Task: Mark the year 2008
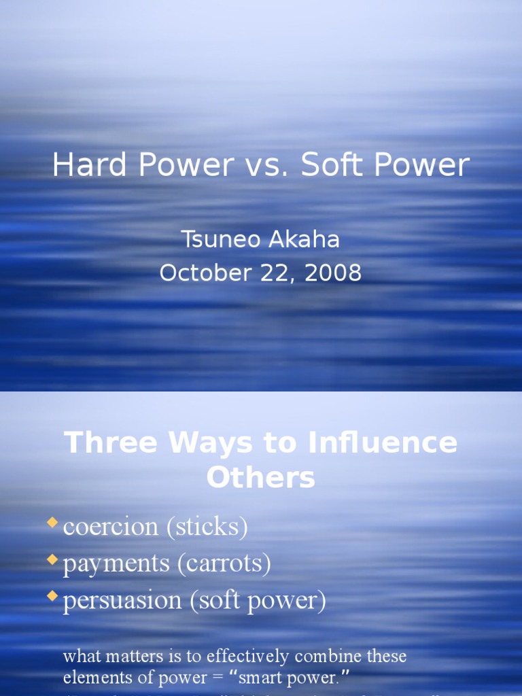tap(333, 273)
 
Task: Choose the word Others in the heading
tap(261, 478)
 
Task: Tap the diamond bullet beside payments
tap(52, 559)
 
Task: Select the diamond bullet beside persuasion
tap(52, 596)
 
